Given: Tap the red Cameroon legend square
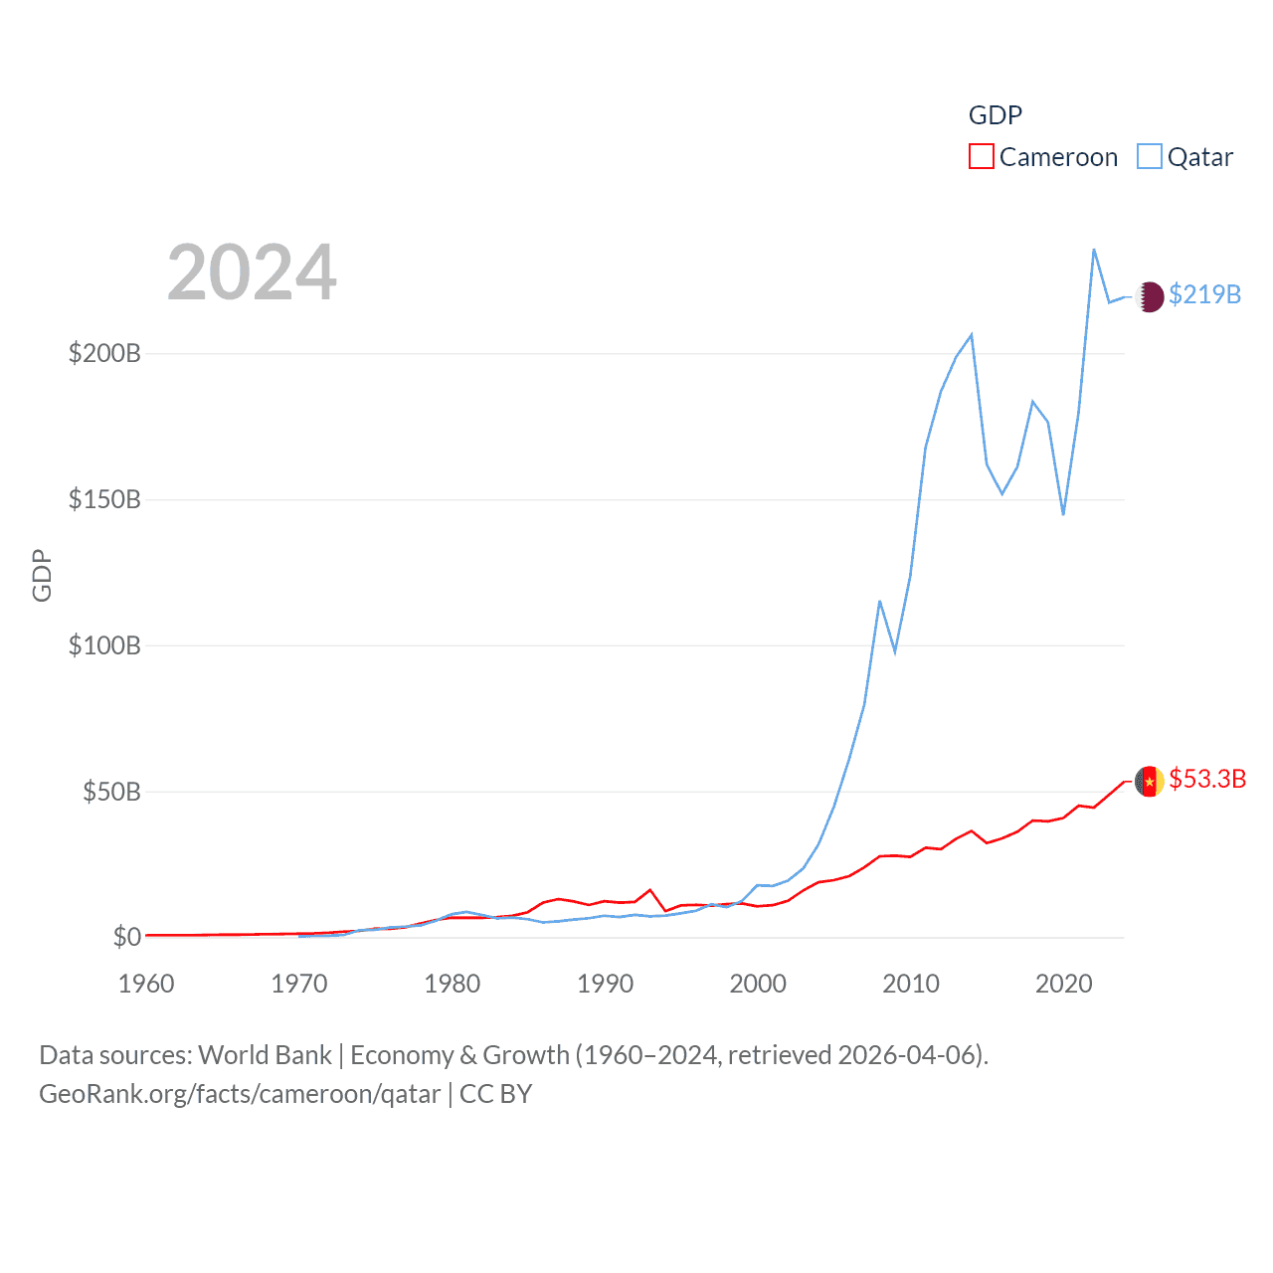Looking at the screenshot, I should (x=982, y=156).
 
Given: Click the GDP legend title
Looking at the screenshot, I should (x=995, y=115).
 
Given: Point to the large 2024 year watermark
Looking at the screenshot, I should (x=252, y=273).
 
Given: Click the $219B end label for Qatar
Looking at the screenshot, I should (x=1204, y=294).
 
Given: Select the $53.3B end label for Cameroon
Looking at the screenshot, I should (x=1207, y=779).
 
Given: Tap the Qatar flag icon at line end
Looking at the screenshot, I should (x=1150, y=296).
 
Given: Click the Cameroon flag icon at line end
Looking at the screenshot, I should (x=1150, y=782).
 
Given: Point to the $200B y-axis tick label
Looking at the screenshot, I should (x=104, y=353).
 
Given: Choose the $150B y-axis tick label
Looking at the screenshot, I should (x=104, y=499).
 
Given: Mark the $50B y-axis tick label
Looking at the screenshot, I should (x=111, y=792).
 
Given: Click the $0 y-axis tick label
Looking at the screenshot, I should (x=126, y=937).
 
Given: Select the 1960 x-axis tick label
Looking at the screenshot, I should (x=146, y=984).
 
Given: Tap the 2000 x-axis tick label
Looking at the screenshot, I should (x=758, y=984).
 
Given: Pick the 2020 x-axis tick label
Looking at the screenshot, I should (x=1063, y=984).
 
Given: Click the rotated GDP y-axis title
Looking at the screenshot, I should (x=42, y=575).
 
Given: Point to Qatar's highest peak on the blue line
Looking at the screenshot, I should (x=1094, y=250).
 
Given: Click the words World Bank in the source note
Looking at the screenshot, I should (x=265, y=1055).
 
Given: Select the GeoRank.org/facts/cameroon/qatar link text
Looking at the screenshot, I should (x=240, y=1094).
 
